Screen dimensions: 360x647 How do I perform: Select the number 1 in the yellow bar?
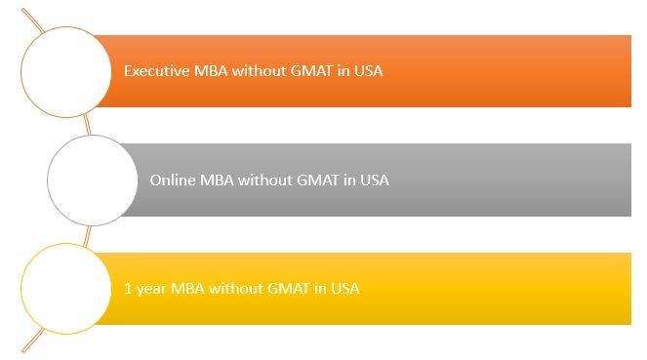pyautogui.click(x=128, y=289)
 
